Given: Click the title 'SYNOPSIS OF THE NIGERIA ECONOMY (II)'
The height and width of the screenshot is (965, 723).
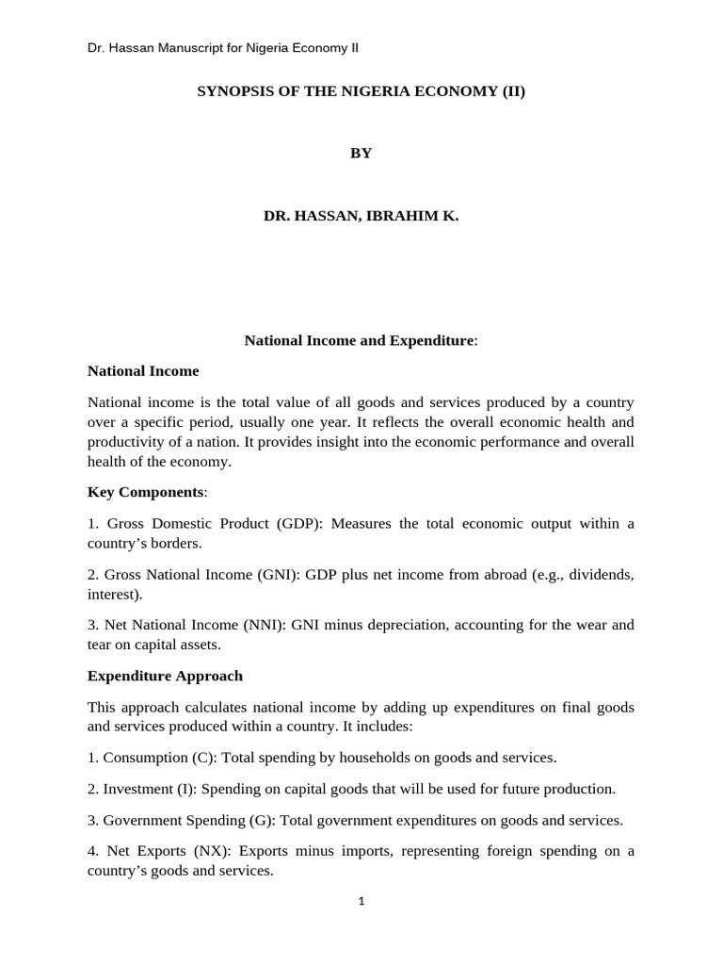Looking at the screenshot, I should click(361, 91).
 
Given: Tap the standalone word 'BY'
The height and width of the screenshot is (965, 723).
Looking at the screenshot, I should click(361, 154).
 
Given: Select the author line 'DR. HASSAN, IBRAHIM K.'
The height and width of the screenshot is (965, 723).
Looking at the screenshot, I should click(361, 216).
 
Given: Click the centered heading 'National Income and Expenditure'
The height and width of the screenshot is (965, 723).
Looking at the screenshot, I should click(360, 340).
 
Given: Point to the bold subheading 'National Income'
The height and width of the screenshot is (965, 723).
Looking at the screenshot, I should click(143, 371).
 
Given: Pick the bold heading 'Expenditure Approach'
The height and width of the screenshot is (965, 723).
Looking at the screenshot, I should click(165, 676).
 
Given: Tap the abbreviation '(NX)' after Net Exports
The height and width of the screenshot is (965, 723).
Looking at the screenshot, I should click(210, 851).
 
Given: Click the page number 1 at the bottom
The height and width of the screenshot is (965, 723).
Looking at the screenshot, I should click(361, 901).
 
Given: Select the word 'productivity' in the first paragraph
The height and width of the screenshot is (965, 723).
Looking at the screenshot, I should click(123, 442).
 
